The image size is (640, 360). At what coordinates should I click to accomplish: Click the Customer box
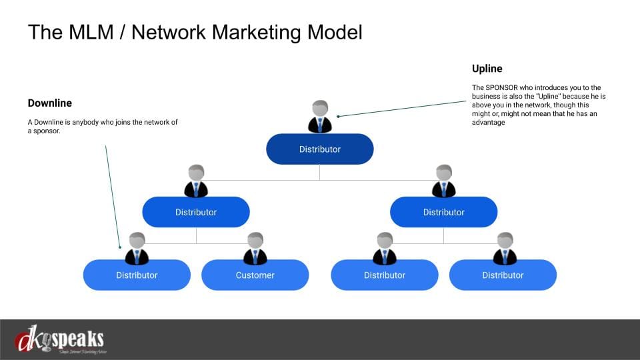[x=255, y=275]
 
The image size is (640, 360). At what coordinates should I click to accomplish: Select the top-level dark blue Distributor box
[x=319, y=149]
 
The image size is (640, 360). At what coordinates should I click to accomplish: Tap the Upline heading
[x=487, y=69]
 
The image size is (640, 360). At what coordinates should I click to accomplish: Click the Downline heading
[x=49, y=103]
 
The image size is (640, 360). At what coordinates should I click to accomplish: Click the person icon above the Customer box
[x=255, y=249]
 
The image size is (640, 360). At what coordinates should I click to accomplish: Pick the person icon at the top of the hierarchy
[x=319, y=117]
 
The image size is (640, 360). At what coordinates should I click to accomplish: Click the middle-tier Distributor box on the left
[x=196, y=212]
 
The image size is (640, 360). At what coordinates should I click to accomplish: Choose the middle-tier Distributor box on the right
[x=443, y=212]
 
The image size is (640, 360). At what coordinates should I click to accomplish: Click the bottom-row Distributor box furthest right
[x=503, y=275]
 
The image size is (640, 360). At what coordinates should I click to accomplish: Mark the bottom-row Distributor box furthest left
[x=137, y=275]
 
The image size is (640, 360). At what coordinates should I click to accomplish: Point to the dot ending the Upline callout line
[x=339, y=116]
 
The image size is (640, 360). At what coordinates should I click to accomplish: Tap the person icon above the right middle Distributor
[x=443, y=181]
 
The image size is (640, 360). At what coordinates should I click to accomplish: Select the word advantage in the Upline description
[x=488, y=122]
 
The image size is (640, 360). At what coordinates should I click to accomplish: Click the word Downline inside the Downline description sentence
[x=49, y=122]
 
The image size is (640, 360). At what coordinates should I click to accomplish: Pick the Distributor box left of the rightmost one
[x=385, y=275]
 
